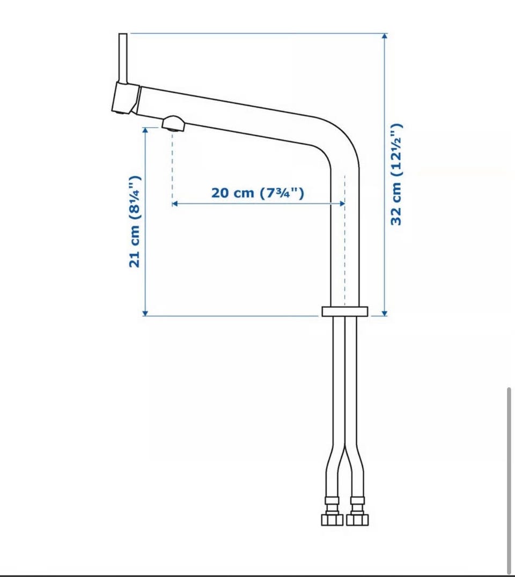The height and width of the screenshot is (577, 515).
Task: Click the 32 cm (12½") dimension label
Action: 396,174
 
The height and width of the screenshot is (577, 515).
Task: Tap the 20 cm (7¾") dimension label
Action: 257,193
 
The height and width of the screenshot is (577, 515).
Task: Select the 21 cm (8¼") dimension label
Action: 135,221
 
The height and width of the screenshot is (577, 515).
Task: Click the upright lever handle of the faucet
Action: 123,58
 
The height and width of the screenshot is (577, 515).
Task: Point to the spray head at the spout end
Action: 126,98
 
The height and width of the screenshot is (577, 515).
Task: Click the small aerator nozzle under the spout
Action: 173,124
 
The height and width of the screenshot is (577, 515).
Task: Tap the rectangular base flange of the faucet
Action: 345,312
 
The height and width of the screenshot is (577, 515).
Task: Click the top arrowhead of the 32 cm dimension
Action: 385,36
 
